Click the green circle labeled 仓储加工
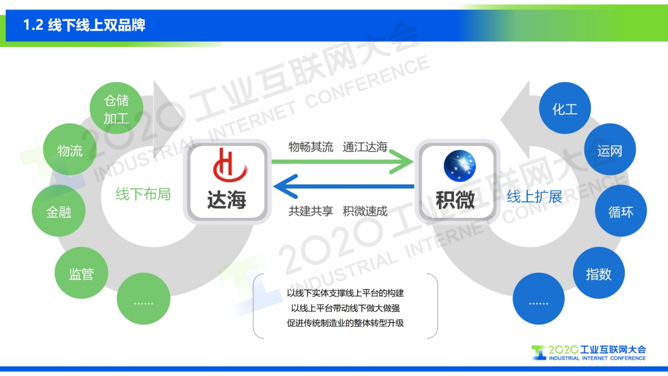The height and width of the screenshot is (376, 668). [116, 108]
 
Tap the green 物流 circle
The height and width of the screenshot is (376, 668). [70, 149]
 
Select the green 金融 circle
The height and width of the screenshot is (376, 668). [59, 211]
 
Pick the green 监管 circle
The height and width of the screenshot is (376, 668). [81, 273]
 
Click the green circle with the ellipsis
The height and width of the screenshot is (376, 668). [143, 299]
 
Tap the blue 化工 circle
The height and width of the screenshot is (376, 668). [565, 108]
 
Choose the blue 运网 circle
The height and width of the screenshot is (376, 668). [610, 149]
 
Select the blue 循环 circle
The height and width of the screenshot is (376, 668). [621, 211]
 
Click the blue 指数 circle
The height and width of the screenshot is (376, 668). [598, 273]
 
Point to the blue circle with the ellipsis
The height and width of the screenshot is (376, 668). [538, 299]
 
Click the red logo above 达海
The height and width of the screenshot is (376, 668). [229, 165]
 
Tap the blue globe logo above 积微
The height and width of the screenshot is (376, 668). [459, 166]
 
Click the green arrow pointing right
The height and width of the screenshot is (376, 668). [343, 161]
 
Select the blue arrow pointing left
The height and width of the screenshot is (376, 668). [343, 186]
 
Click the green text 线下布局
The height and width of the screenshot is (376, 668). [143, 194]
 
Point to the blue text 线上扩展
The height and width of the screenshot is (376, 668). [534, 196]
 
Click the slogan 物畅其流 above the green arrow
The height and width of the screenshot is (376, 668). [311, 147]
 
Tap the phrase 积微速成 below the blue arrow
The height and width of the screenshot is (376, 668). [365, 211]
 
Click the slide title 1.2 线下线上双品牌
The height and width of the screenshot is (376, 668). [84, 25]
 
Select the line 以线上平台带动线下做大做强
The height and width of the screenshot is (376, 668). [345, 308]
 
